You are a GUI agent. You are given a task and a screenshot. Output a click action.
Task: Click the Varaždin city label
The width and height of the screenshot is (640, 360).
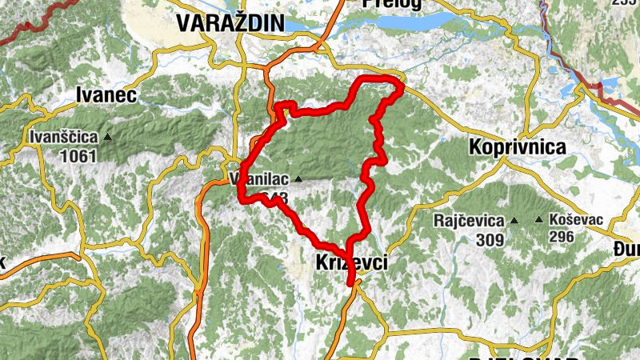tap(230, 24)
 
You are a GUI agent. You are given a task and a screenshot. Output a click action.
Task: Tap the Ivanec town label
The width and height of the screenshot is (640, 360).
tap(106, 95)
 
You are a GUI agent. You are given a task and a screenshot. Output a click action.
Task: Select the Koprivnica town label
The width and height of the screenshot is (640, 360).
tap(518, 147)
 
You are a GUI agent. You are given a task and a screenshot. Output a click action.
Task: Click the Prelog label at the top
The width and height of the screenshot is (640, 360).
tap(391, 4)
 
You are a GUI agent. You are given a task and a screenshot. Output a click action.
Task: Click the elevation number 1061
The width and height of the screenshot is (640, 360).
tap(78, 155)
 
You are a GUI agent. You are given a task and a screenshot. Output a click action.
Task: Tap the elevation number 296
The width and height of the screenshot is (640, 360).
tap(563, 237)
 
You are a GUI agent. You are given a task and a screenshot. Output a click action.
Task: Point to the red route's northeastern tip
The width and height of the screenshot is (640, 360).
tap(401, 84)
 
